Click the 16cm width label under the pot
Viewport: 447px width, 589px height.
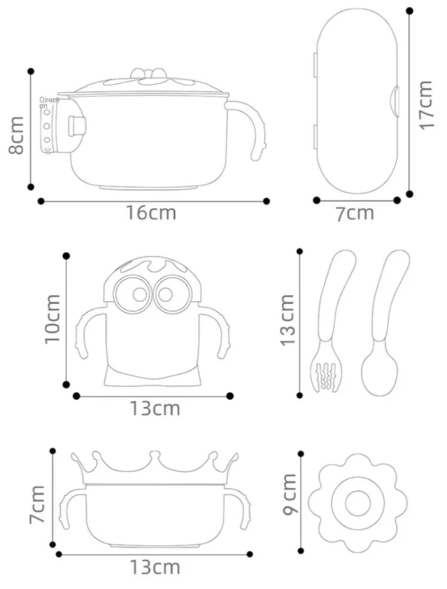click(x=151, y=213)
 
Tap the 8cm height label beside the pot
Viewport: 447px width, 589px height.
click(x=16, y=136)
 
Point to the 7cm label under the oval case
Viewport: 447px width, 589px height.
click(x=354, y=213)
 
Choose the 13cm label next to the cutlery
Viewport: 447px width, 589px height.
click(x=287, y=319)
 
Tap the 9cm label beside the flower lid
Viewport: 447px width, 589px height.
click(x=289, y=494)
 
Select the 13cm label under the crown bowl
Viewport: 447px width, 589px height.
click(x=155, y=568)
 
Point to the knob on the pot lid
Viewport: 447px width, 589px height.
click(x=149, y=73)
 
